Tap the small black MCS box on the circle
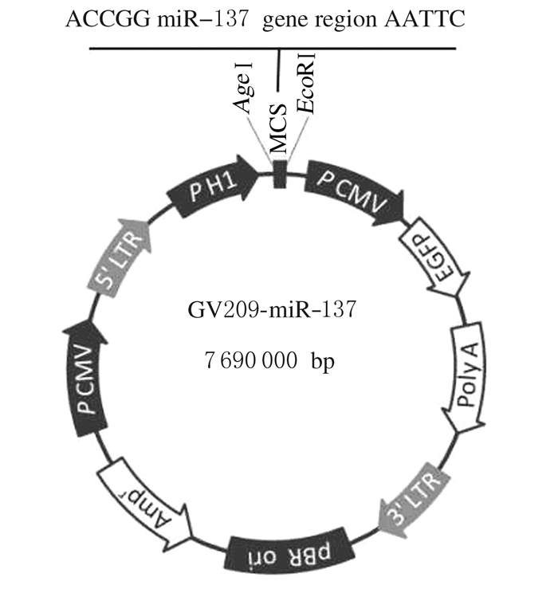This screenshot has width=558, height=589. click(280, 175)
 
